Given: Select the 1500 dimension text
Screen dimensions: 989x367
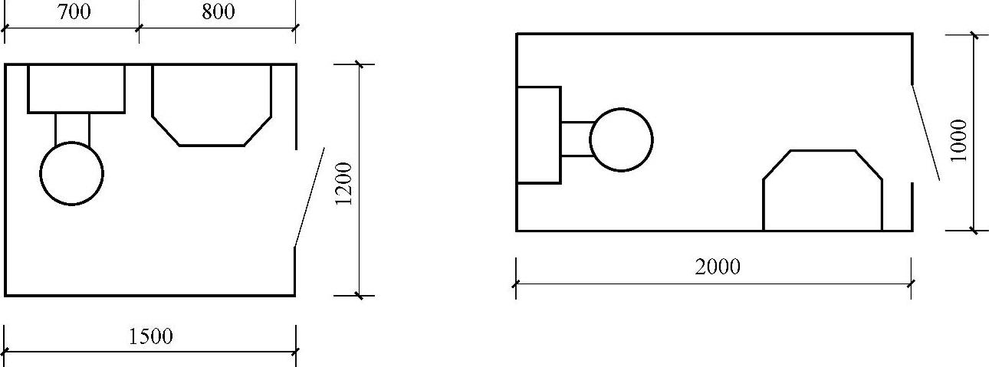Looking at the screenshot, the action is click(x=149, y=336).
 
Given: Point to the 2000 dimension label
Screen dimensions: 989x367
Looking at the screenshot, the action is click(x=718, y=267).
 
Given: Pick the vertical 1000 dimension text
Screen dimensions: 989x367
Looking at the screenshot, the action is click(x=958, y=140).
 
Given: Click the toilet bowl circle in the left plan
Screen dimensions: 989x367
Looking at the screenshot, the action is click(x=71, y=173).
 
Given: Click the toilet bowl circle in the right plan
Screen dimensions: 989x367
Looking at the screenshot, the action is click(x=621, y=139).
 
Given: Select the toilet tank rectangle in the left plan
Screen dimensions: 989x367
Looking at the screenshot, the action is click(x=76, y=89).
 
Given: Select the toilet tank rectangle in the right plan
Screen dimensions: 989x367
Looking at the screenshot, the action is click(x=538, y=135).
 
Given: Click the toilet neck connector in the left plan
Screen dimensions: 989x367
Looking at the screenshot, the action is click(x=72, y=127).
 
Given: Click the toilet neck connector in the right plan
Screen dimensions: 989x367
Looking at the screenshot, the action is click(x=576, y=139).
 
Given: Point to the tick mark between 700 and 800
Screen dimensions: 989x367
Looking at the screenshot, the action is click(x=139, y=29).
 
